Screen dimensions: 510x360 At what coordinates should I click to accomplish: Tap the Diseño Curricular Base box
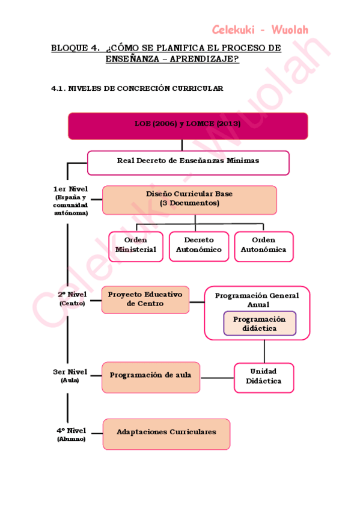(189, 200)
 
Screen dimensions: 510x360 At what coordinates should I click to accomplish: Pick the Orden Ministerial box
(136, 246)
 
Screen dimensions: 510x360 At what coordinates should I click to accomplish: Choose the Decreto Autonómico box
(199, 246)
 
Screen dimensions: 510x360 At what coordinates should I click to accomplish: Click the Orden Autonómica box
(263, 246)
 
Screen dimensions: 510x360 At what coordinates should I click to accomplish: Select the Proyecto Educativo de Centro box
(145, 300)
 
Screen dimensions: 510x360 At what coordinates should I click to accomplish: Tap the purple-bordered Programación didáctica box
(260, 324)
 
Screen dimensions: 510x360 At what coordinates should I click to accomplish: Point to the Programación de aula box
(150, 376)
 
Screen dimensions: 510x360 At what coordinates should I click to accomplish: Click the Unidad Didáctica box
(264, 377)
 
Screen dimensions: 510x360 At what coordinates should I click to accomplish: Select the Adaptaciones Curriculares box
(166, 434)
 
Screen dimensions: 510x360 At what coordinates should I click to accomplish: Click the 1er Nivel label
(71, 189)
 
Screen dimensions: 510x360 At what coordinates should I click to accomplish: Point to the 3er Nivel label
(71, 372)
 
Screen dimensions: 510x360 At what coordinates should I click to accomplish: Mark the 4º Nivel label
(72, 431)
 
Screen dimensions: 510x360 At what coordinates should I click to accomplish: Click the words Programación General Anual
(257, 300)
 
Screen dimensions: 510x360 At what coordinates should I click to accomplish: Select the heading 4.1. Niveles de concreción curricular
(137, 89)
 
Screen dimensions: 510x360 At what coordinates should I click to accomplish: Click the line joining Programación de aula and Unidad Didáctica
(216, 378)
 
